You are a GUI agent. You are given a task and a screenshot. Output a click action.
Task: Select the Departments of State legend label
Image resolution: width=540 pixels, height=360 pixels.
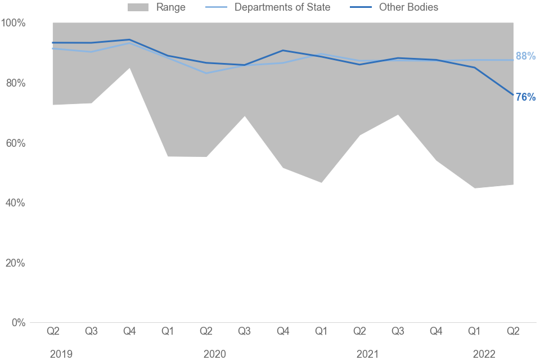click(282, 7)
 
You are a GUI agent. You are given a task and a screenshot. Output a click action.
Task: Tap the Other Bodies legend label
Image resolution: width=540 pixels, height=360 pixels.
click(409, 7)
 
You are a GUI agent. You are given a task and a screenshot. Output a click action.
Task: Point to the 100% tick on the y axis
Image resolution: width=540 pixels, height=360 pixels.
click(13, 23)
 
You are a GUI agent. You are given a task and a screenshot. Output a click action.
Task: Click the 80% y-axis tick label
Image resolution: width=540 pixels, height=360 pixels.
click(13, 83)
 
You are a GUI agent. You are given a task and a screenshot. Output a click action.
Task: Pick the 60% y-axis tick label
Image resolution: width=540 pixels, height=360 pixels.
click(13, 143)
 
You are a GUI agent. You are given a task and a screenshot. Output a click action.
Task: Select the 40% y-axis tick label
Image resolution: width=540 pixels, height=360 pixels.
click(13, 203)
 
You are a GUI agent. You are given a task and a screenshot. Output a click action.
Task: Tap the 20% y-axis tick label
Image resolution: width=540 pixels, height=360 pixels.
click(13, 263)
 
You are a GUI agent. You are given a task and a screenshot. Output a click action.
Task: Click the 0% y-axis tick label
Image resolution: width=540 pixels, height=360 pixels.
click(16, 323)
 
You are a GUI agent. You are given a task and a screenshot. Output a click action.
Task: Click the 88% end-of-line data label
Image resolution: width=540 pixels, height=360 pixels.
click(525, 56)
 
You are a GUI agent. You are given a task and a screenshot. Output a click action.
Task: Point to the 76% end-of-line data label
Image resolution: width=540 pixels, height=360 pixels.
click(525, 97)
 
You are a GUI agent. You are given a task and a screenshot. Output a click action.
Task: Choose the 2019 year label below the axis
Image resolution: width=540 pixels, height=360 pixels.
click(61, 354)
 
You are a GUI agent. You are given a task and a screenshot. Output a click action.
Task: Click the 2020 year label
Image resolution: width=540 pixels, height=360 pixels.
click(214, 354)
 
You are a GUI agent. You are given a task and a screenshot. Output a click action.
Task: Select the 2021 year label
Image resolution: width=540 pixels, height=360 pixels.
click(367, 354)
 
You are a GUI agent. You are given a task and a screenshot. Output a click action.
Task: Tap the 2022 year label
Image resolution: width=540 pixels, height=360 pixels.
click(484, 354)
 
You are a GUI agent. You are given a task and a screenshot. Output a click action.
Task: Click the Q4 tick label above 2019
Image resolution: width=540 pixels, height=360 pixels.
click(129, 331)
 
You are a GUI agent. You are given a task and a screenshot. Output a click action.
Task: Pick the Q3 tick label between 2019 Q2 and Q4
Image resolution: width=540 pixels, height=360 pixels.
click(91, 331)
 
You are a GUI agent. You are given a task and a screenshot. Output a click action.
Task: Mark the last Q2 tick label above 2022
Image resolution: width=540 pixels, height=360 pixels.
click(513, 331)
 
